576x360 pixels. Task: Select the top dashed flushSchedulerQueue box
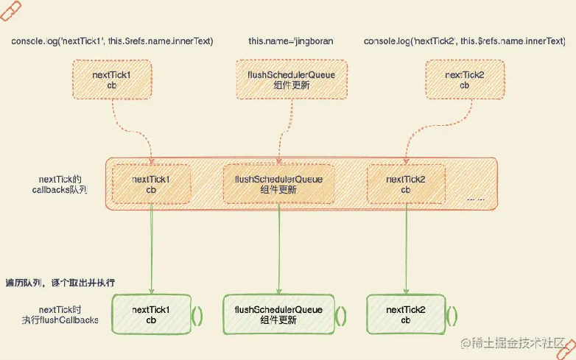278,80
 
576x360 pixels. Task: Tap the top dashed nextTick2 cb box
464,80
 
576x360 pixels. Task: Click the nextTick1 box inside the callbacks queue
150,184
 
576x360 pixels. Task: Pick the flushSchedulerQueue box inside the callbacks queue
278,184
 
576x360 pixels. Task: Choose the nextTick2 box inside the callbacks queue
405,184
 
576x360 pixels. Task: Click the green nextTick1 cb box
150,314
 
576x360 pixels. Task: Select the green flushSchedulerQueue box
278,314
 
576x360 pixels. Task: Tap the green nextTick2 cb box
405,314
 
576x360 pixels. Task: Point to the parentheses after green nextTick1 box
197,315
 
